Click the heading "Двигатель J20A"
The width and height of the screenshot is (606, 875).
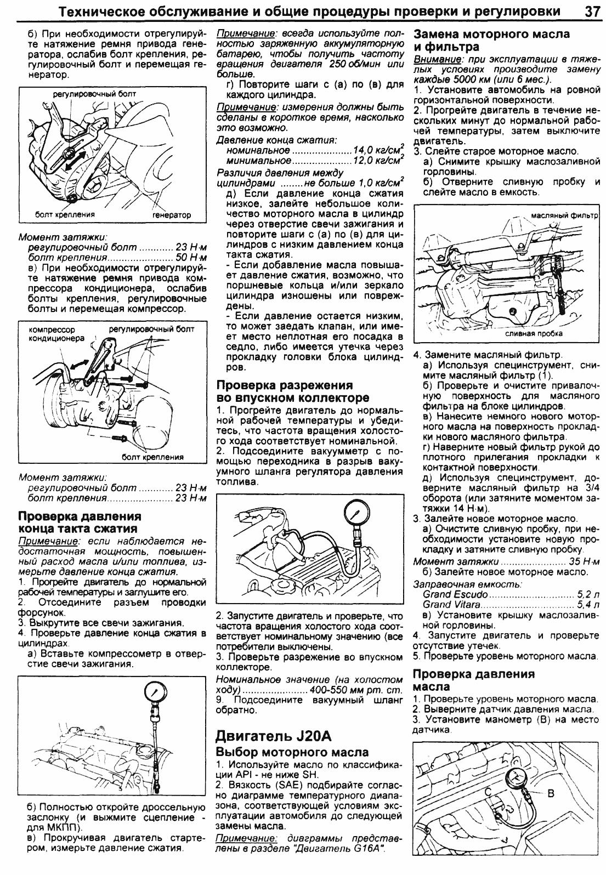274,735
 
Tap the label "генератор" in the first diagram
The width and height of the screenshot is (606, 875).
172,215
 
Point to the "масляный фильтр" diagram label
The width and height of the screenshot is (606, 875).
564,215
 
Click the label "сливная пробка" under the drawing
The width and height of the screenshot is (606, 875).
526,333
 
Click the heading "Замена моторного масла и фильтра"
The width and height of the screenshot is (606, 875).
491,40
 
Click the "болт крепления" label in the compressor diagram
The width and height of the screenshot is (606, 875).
152,457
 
